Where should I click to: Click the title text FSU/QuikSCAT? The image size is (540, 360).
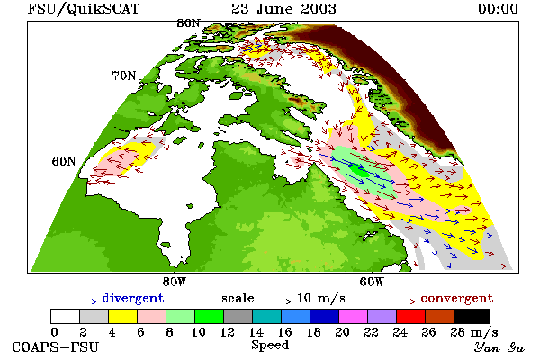pyautogui.click(x=84, y=9)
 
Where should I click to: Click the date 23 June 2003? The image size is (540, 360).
pyautogui.click(x=283, y=9)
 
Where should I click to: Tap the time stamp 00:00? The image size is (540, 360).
pyautogui.click(x=498, y=9)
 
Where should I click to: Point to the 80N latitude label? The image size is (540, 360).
pyautogui.click(x=188, y=23)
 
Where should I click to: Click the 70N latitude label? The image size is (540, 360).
pyautogui.click(x=124, y=76)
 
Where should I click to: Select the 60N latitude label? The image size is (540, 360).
pyautogui.click(x=64, y=161)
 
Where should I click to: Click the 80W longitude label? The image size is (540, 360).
pyautogui.click(x=175, y=282)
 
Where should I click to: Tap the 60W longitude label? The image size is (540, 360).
pyautogui.click(x=372, y=282)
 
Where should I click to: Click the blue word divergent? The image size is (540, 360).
pyautogui.click(x=133, y=298)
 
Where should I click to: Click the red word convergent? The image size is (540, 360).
pyautogui.click(x=457, y=298)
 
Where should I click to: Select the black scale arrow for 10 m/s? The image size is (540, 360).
pyautogui.click(x=275, y=301)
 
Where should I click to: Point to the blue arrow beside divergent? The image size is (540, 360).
pyautogui.click(x=81, y=301)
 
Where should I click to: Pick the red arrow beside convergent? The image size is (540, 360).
pyautogui.click(x=400, y=301)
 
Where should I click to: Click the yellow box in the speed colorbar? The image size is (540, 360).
pyautogui.click(x=123, y=316)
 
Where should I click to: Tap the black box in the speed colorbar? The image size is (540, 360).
pyautogui.click(x=472, y=316)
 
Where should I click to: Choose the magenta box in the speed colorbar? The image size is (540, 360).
pyautogui.click(x=353, y=316)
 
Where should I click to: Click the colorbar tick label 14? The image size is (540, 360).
pyautogui.click(x=256, y=332)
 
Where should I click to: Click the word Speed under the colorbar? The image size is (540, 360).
pyautogui.click(x=270, y=345)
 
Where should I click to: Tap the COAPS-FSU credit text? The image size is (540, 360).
pyautogui.click(x=56, y=346)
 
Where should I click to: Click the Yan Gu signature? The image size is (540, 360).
pyautogui.click(x=499, y=347)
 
